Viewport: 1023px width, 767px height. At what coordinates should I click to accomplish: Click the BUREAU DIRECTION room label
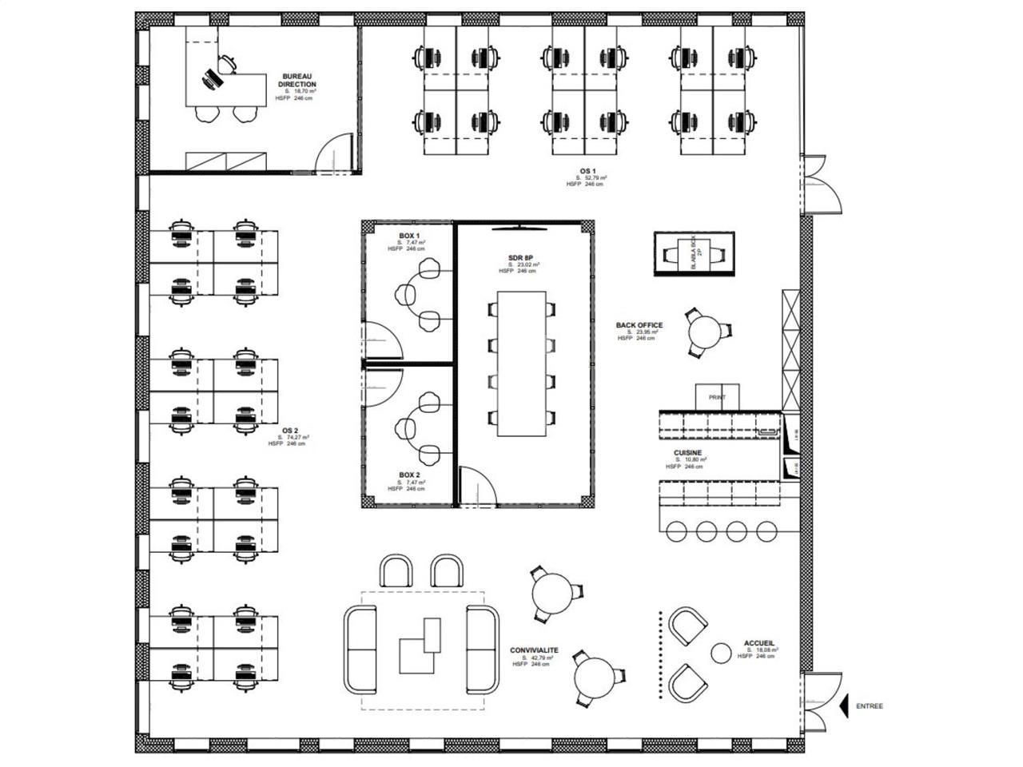coord(297,79)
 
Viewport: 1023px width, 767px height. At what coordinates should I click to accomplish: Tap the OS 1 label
coord(587,170)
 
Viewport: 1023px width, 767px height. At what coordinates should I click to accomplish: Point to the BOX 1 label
coord(409,236)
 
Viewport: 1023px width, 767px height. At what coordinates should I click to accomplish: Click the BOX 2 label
coord(409,475)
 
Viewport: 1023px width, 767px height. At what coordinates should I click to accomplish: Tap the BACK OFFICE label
coord(639,325)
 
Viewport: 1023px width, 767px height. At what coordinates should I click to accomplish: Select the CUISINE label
coord(687,453)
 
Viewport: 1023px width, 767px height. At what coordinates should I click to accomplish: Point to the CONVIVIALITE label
coord(534,650)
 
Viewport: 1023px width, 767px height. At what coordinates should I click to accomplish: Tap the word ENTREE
coord(870,706)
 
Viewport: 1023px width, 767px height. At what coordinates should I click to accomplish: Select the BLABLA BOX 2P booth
coord(693,253)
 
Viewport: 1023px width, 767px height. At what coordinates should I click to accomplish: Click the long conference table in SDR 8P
coord(523,364)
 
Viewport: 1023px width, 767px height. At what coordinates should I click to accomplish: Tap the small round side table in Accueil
coord(722,653)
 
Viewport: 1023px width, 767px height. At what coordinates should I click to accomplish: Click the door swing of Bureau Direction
coord(333,152)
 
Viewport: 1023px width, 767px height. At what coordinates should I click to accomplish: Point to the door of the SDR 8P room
coord(476,489)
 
